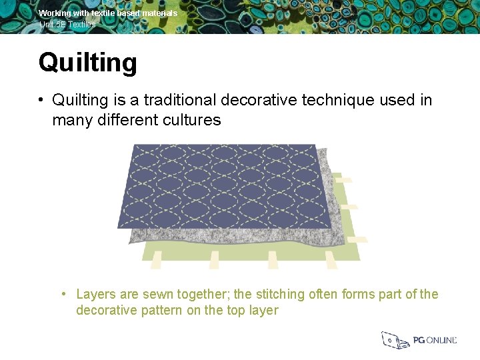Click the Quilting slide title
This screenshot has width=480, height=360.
[x=87, y=63]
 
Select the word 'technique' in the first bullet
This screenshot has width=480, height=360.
[x=339, y=100]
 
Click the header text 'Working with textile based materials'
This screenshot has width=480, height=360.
[x=108, y=13]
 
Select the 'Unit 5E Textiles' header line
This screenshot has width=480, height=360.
[x=67, y=25]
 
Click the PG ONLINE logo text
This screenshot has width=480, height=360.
[x=435, y=340]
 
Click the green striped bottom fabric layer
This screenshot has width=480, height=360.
[x=253, y=252]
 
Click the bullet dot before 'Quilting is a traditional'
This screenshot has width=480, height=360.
[x=41, y=100]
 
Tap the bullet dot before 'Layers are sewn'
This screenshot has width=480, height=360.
[x=62, y=294]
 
